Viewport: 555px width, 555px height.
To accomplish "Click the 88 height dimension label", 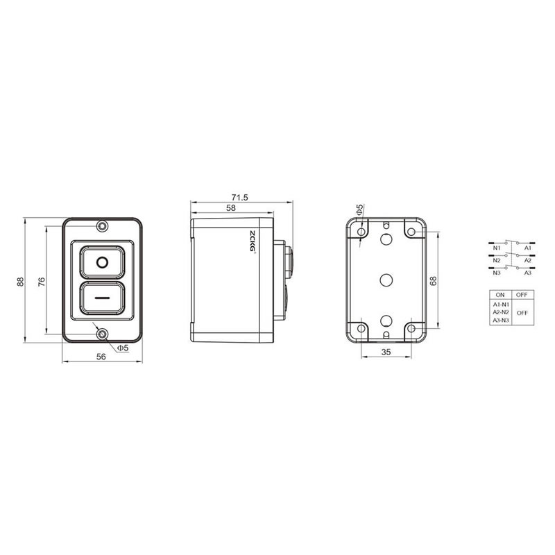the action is click(x=21, y=282).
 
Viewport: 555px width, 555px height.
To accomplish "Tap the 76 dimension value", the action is click(x=42, y=282).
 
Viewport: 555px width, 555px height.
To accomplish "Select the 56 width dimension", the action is click(x=101, y=357).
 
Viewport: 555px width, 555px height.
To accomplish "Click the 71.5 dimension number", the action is click(x=239, y=198).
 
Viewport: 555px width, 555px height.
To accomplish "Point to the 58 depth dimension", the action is click(x=231, y=207).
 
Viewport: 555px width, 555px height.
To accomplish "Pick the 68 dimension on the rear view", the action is click(x=433, y=281).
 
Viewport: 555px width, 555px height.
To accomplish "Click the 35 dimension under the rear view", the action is click(x=386, y=352).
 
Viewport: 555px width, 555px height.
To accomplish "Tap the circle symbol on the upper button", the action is click(x=102, y=262).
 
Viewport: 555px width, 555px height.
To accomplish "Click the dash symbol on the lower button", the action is click(x=102, y=298).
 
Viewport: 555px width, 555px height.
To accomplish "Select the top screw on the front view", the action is click(x=102, y=226).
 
